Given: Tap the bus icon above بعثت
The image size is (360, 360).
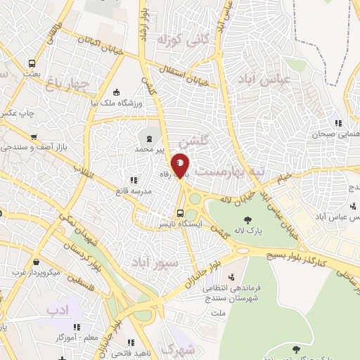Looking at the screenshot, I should coord(30,62).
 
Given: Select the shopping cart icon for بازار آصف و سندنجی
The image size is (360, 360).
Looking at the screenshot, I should coord(33,137).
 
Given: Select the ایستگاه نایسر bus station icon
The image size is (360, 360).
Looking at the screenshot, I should coord(181,213).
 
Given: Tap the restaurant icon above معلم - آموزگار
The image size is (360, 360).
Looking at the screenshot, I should coord(77,327).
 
